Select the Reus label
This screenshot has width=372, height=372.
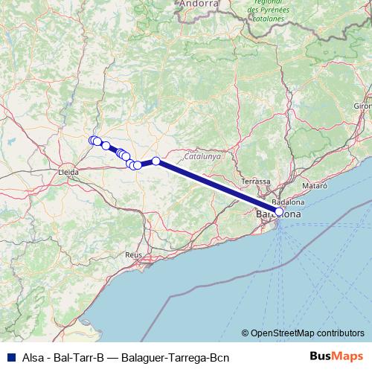[x=134, y=254]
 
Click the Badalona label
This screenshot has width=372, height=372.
[x=286, y=202]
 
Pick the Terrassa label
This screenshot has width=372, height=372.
[x=257, y=182]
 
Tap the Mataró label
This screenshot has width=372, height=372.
[x=314, y=184]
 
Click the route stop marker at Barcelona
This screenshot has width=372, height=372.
[x=278, y=211]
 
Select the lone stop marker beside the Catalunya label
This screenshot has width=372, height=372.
[x=156, y=161]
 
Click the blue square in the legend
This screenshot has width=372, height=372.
[x=7, y=356]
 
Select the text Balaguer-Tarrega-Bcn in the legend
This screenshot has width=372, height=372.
[x=177, y=356]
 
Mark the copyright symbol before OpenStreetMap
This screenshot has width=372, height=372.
[x=246, y=334]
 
